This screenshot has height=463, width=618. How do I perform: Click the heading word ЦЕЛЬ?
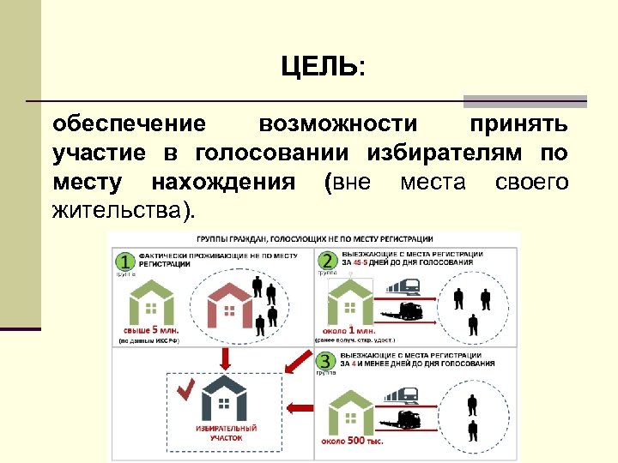point(319,67)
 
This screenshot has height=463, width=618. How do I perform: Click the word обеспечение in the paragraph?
point(129,124)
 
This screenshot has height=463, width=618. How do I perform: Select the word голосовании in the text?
point(271,153)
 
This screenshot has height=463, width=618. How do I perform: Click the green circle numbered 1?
point(124,261)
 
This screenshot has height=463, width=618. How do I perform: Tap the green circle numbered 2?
point(327,261)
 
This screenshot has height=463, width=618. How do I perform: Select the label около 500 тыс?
point(352,441)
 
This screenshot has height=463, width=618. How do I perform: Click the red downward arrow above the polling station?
point(226,356)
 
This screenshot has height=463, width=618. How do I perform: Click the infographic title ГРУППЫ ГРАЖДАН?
point(313,238)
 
